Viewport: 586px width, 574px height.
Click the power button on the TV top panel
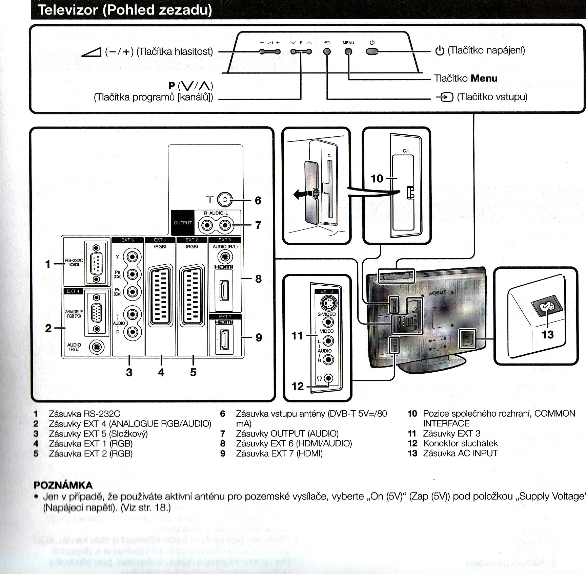coord(372,51)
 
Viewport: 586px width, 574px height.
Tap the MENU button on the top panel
coord(348,51)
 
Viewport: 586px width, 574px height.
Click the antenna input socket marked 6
coord(224,200)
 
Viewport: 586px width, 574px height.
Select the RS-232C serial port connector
coord(96,263)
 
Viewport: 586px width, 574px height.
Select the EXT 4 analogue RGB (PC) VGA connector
coord(97,313)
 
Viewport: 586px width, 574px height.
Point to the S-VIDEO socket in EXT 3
coord(327,303)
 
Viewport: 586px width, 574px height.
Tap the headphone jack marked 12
coord(328,378)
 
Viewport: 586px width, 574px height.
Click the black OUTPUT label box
coord(183,223)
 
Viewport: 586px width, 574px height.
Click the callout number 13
coord(547,334)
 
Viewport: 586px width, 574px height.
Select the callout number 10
coord(377,178)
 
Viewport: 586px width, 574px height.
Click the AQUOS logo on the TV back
coord(438,293)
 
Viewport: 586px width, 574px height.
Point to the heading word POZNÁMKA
coord(63,485)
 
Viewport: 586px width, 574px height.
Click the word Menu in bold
coord(484,79)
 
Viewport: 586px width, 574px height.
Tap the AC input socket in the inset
coord(546,306)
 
